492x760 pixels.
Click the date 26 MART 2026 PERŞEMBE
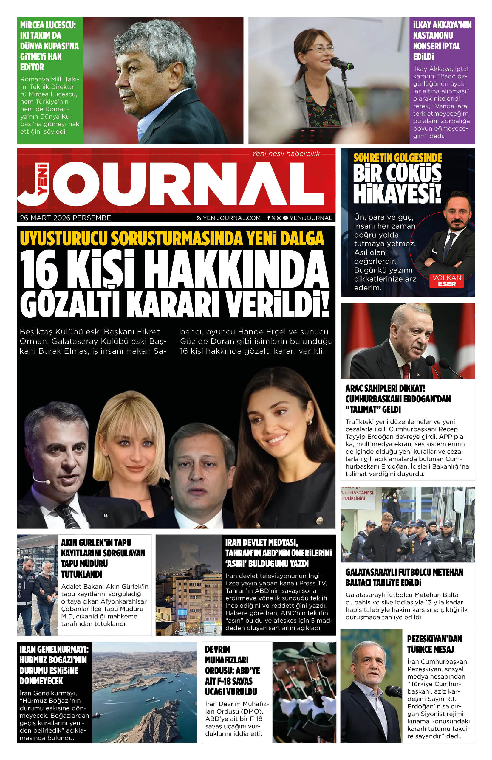66,218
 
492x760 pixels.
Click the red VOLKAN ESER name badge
447,281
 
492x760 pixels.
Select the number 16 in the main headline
39,269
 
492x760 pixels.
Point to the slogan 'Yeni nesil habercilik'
286,153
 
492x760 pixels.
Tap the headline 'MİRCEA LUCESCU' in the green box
48,25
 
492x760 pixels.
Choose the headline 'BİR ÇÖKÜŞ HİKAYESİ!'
397,184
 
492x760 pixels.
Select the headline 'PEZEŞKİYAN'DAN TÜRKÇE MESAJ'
434,644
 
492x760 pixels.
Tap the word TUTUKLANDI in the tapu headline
81,574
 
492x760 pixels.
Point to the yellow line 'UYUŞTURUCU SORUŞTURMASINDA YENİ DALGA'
172,238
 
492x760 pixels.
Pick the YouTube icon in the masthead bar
285,218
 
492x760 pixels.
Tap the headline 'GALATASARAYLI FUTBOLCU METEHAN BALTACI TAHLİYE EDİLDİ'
404,577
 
